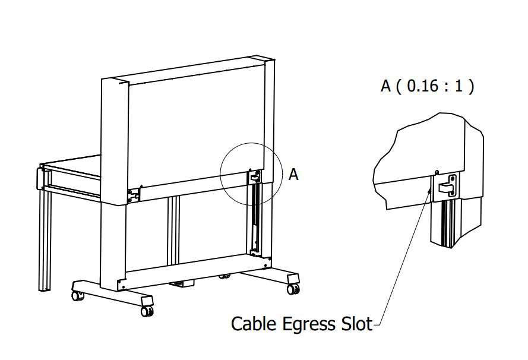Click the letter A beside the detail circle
click(x=293, y=175)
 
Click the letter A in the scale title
click(x=385, y=86)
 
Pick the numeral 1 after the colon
click(x=459, y=86)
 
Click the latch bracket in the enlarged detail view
click(x=447, y=185)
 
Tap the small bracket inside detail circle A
click(x=254, y=177)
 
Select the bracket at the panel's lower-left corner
click(x=134, y=195)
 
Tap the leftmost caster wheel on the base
click(x=77, y=296)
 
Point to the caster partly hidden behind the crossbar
click(x=225, y=276)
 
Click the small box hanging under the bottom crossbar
click(x=182, y=283)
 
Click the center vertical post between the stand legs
click(x=173, y=230)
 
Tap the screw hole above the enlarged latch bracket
click(x=437, y=172)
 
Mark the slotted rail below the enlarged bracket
click(x=446, y=222)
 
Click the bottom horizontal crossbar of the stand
click(x=194, y=272)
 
